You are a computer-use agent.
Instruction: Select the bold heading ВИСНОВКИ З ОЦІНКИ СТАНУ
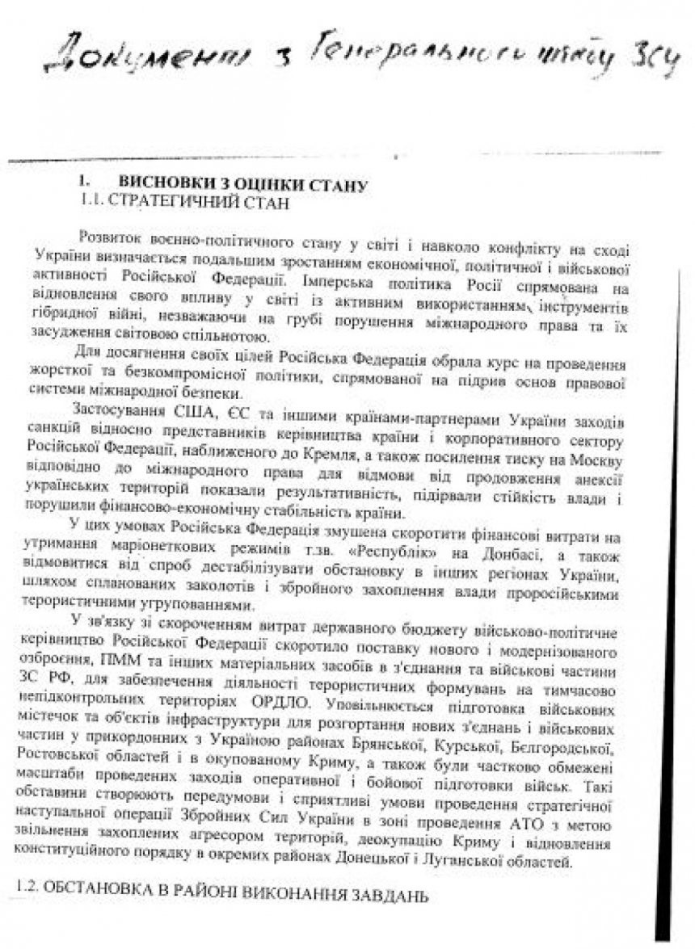pyautogui.click(x=243, y=184)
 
